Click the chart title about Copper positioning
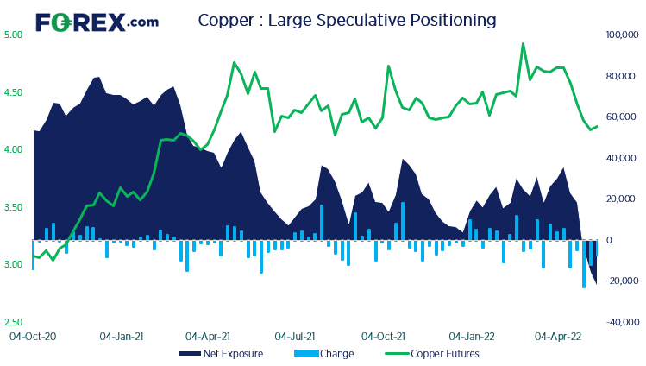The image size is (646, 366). click(347, 19)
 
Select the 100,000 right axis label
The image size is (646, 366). click(621, 35)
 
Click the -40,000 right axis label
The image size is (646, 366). click(621, 322)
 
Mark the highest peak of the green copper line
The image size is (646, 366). click(523, 44)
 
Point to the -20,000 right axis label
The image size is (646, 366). click(621, 281)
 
